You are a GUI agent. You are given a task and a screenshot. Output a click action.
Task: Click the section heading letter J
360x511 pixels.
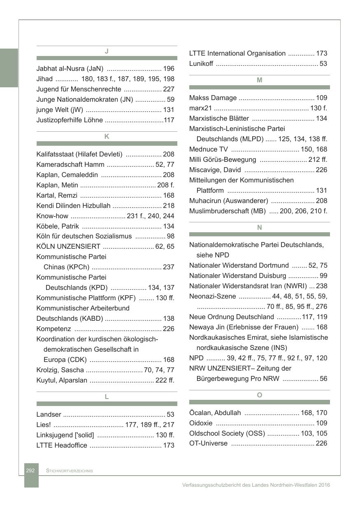[107, 51]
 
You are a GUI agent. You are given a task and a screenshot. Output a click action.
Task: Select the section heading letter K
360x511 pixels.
[107, 136]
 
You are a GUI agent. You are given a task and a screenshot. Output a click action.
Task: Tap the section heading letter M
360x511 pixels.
[259, 80]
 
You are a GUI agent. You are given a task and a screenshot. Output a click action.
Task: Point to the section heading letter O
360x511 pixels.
[259, 395]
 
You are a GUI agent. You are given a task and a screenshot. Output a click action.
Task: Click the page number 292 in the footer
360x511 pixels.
[30, 470]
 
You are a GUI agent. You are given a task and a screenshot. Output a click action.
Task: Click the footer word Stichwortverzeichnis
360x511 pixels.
[70, 471]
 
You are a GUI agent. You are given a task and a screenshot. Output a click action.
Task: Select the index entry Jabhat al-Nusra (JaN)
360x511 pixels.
[70, 68]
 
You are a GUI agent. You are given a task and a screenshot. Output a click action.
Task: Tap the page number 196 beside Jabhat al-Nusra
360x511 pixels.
[169, 68]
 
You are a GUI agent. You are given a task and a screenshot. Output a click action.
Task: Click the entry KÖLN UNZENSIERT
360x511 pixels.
[68, 247]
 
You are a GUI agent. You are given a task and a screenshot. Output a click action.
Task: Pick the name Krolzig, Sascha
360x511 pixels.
[60, 370]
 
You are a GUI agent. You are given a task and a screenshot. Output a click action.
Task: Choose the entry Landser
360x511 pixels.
[49, 414]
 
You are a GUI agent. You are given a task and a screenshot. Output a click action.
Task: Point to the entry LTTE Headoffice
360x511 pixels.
[62, 445]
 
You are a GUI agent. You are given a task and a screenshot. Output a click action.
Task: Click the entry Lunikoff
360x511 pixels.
[201, 63]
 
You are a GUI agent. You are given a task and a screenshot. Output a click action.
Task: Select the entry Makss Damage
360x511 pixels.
[213, 98]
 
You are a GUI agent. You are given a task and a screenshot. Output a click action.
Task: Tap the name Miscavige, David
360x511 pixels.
[215, 170]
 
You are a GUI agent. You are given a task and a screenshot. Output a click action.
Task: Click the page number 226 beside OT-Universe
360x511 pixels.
[321, 443]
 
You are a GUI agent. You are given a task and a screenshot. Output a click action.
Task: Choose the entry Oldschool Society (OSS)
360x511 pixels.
[227, 433]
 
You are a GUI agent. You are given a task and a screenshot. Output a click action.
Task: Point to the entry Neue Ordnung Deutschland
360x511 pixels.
[231, 317]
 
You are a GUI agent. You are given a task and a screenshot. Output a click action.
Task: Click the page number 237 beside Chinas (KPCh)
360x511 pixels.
[169, 267]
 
